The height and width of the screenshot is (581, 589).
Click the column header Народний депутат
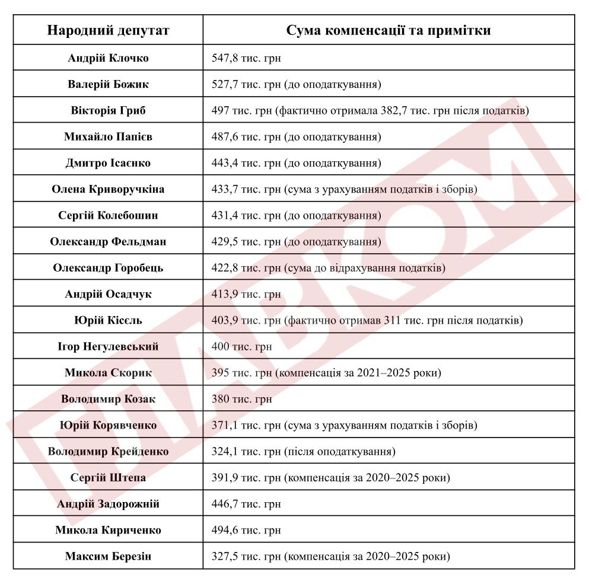108,30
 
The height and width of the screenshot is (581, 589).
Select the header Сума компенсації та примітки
388,30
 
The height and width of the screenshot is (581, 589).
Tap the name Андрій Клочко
108,58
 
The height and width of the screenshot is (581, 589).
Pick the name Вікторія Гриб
108,111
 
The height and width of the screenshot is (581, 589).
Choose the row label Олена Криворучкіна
108,189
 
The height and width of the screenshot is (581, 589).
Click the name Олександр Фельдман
108,242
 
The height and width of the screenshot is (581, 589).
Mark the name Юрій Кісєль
108,321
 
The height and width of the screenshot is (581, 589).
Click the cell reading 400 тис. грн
241,347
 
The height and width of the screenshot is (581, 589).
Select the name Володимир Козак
108,399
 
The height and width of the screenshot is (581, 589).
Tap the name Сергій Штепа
108,478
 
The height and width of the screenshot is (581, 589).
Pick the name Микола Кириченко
108,530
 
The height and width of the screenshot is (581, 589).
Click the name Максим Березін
108,557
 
